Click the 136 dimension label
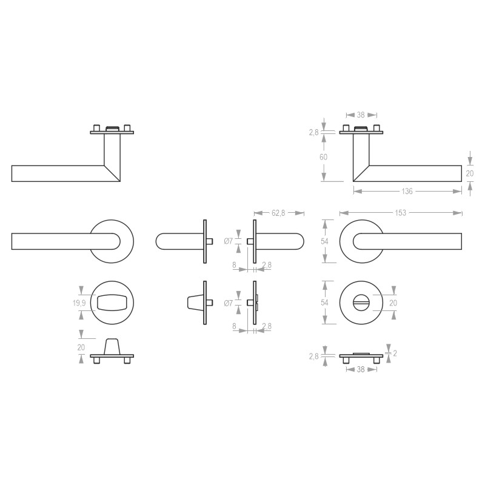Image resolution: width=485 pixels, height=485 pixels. (407, 192)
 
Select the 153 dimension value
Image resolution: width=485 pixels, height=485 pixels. (401, 213)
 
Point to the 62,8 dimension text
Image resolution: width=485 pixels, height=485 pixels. (279, 213)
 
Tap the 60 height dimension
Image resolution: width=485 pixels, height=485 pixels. (324, 157)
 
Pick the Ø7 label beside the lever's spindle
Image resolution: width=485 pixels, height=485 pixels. (229, 241)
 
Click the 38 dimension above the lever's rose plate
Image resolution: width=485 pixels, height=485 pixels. (361, 115)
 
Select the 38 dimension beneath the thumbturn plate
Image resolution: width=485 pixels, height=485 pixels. (361, 369)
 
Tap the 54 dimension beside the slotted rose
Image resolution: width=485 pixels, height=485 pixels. (324, 303)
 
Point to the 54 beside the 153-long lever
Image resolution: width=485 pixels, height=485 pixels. (324, 241)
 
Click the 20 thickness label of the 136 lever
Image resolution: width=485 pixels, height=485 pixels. (469, 173)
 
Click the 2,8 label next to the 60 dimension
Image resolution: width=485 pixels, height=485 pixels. (313, 132)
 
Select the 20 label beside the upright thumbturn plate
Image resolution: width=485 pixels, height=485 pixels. (81, 347)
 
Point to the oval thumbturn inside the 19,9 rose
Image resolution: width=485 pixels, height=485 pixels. (113, 302)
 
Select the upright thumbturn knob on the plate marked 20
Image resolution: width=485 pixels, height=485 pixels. (112, 347)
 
